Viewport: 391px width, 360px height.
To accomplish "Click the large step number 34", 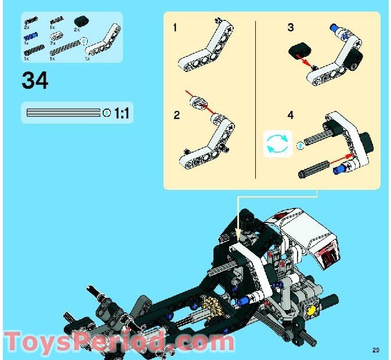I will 35,80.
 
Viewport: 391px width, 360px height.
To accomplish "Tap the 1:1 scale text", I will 121,113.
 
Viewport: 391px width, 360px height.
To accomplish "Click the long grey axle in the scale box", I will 64,113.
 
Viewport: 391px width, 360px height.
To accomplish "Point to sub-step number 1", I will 175,28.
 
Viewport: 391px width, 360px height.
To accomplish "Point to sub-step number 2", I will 176,114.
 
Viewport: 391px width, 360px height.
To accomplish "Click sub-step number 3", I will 290,28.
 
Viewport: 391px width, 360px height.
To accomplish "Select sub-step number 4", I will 291,115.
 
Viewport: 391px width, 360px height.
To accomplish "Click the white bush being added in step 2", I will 200,103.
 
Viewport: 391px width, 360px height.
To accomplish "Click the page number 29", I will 376,350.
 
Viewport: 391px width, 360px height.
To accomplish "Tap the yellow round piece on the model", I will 312,309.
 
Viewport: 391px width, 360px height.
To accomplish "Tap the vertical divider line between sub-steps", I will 256,99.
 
